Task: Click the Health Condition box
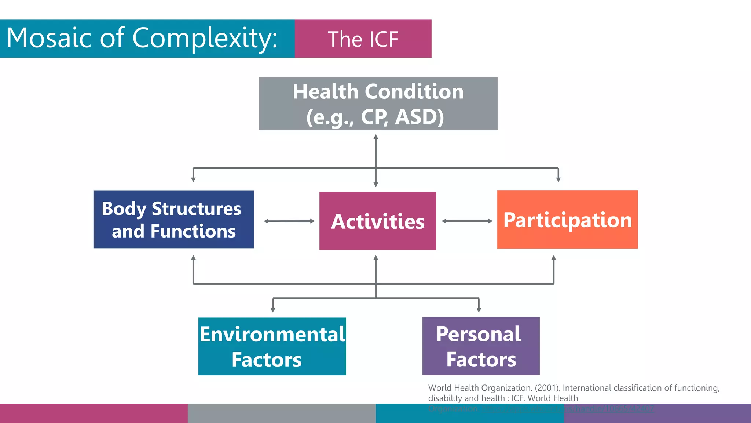tap(378, 104)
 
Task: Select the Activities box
tap(378, 221)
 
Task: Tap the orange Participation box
tap(567, 220)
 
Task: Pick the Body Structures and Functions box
tap(173, 220)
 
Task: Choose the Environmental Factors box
tap(272, 346)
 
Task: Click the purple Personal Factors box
tap(481, 346)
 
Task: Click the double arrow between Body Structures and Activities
tap(289, 221)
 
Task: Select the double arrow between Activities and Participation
tap(467, 221)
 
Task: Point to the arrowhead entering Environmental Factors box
tap(272, 310)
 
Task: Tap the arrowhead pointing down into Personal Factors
tap(479, 310)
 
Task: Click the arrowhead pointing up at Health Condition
tap(375, 137)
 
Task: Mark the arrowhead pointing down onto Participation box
tap(558, 180)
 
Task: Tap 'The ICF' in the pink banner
tap(363, 39)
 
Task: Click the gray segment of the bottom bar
tap(282, 413)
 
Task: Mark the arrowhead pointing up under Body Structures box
tap(193, 258)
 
